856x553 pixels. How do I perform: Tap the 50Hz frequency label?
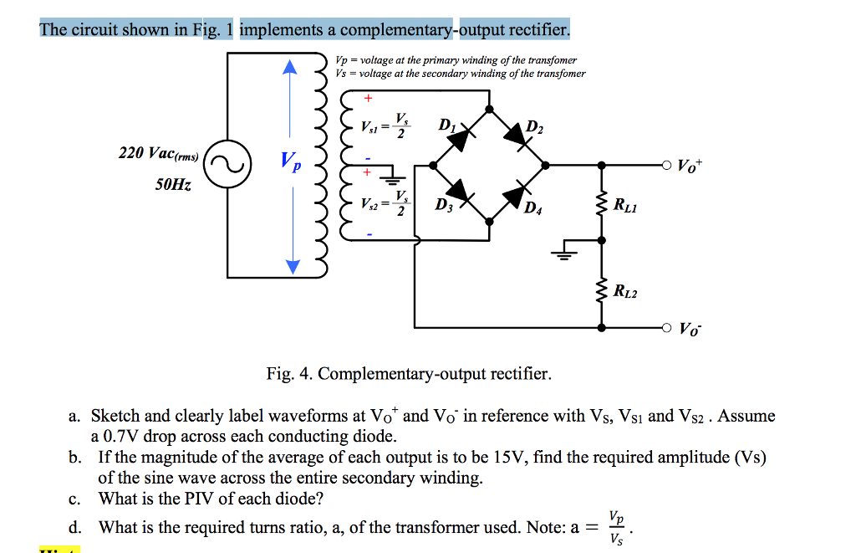tap(173, 184)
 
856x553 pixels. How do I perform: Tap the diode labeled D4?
tap(518, 194)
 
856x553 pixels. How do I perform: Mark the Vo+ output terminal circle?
tap(667, 165)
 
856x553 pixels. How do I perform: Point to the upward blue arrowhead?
tap(292, 67)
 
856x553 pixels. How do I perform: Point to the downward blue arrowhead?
tap(292, 265)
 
